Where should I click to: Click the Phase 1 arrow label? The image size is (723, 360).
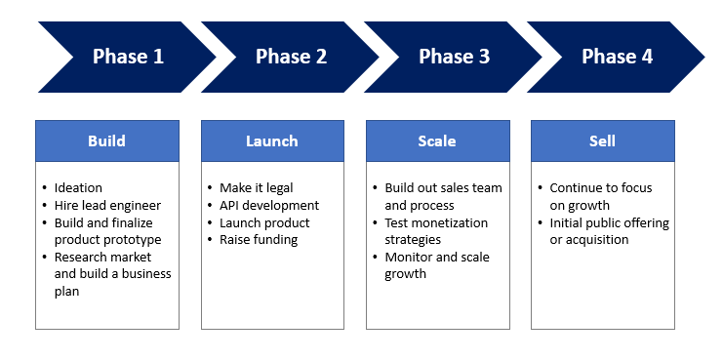click(128, 57)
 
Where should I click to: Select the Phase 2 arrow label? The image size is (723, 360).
click(291, 57)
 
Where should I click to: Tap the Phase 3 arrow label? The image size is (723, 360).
click(454, 57)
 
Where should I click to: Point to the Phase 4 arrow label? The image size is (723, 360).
click(617, 57)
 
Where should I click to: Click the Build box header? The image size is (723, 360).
click(106, 141)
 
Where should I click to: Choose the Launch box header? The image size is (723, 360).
click(272, 141)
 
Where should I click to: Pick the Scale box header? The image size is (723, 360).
click(437, 141)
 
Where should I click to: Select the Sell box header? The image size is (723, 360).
click(602, 141)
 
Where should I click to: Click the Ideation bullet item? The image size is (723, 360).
click(78, 188)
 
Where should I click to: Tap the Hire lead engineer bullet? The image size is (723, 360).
click(106, 205)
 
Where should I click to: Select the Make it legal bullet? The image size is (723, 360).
click(256, 188)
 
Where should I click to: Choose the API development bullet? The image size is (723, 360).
click(269, 205)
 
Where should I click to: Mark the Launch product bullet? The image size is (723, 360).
click(264, 222)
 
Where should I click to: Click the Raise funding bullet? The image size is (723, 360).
click(259, 240)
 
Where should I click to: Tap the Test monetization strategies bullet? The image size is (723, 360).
click(434, 231)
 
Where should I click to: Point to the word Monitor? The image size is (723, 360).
click(410, 258)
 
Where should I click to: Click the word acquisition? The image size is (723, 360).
click(589, 240)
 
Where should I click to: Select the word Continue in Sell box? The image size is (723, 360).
click(577, 188)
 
